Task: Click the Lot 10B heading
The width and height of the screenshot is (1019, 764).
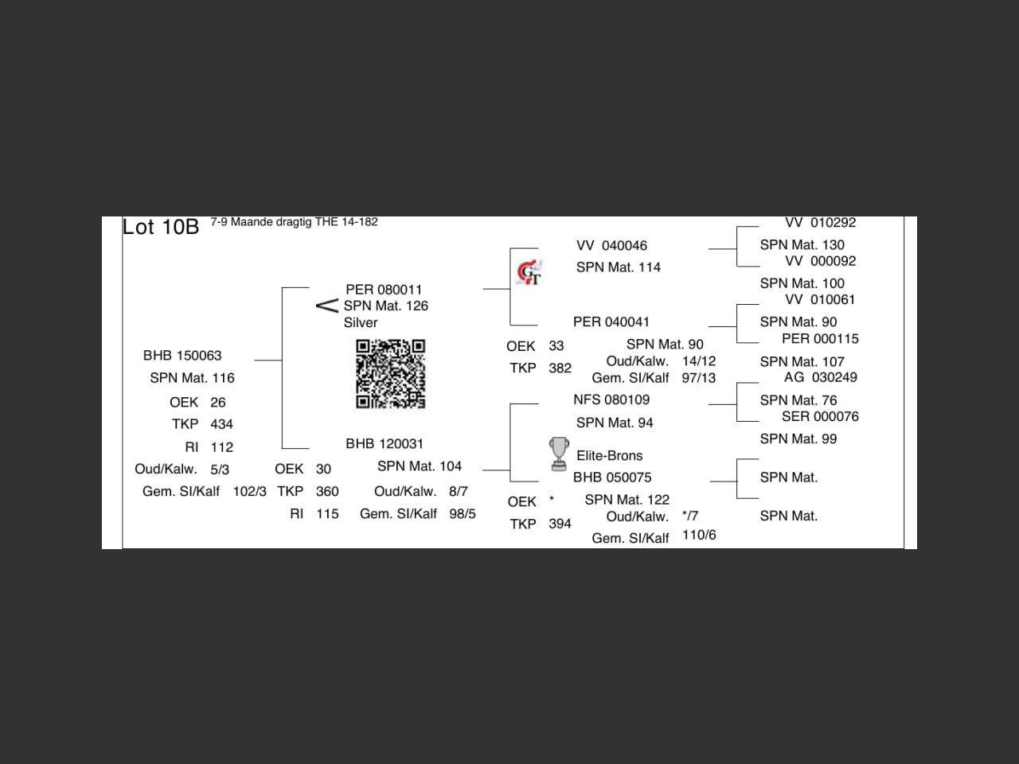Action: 161,228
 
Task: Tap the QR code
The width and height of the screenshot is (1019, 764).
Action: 390,374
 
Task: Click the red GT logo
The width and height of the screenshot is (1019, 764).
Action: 529,272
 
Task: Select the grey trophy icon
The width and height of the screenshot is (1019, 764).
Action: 559,454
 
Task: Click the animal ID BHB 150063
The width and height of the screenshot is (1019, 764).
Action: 182,355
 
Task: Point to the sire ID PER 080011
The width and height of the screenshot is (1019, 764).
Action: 384,290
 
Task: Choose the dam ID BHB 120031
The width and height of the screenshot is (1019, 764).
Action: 385,444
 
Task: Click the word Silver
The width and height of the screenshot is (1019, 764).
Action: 361,322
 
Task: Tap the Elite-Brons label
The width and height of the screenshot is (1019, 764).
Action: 610,455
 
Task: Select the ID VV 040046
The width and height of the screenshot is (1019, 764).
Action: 611,245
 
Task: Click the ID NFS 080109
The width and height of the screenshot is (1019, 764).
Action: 611,400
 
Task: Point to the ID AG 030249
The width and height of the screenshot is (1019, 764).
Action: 820,377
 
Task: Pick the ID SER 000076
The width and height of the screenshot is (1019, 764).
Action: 820,416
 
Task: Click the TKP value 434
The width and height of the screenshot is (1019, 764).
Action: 221,424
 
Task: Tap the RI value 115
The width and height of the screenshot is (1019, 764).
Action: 327,513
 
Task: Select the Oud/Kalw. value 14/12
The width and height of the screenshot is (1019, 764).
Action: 699,361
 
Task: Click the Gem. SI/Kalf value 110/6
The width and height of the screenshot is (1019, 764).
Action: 699,535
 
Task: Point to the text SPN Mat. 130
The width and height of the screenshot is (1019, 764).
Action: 802,244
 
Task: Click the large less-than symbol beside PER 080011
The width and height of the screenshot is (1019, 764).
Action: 327,306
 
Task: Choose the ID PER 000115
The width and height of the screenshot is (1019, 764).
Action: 820,339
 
